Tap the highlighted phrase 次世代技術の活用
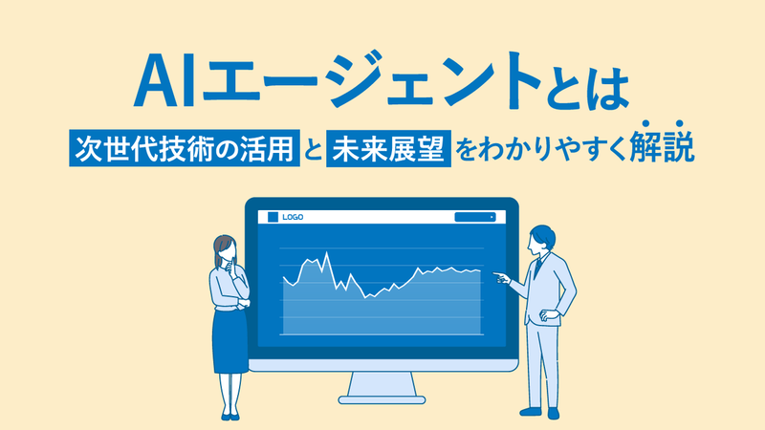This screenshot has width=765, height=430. [185, 148]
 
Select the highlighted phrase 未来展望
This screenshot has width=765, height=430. [388, 148]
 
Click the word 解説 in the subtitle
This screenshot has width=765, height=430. [662, 144]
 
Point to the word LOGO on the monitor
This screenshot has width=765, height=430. [293, 217]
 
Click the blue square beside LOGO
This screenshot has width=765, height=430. [273, 217]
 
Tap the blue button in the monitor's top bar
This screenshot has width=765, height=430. [475, 217]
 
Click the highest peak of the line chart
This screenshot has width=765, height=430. [326, 252]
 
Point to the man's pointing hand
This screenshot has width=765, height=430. [501, 277]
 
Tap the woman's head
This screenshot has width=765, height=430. [225, 250]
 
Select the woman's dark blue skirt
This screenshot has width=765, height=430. [229, 341]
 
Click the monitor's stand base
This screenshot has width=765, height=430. [382, 400]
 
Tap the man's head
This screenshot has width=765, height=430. [541, 239]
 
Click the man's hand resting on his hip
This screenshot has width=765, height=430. [549, 316]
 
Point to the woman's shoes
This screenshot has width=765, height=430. [230, 417]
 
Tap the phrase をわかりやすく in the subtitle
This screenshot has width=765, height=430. [540, 148]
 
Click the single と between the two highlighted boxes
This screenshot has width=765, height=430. [314, 149]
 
